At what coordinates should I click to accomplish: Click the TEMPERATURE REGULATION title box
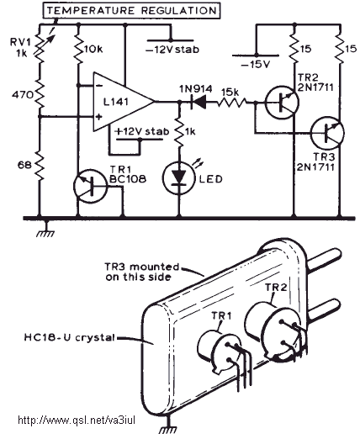131,11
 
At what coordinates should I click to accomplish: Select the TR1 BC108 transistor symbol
90,186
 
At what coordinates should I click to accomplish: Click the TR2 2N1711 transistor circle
282,103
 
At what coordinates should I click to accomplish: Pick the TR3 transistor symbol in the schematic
327,133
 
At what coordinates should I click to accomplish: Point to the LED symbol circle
179,177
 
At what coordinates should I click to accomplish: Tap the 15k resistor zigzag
232,103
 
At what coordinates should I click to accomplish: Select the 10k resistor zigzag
78,50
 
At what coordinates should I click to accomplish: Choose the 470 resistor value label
22,95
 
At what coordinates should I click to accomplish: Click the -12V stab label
172,50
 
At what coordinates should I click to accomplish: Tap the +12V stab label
142,131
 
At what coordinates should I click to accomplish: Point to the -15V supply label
256,65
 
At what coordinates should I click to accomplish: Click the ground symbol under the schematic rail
46,230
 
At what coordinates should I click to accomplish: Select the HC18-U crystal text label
70,337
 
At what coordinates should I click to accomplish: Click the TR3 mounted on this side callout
142,272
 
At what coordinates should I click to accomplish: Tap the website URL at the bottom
77,420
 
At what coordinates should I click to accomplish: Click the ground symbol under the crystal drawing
169,426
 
